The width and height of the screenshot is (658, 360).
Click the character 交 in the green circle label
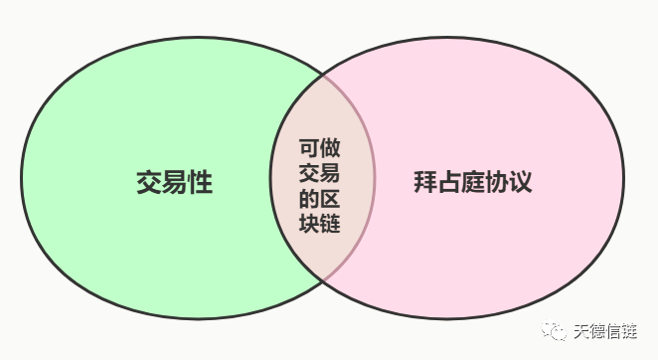coord(149,184)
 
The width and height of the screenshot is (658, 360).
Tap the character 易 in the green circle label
coord(174,184)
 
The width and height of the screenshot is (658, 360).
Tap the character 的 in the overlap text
coord(308,198)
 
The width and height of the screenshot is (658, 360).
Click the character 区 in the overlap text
coord(330,198)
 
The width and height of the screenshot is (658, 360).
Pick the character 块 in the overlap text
coord(308,223)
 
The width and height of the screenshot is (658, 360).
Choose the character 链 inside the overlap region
coord(330,223)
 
